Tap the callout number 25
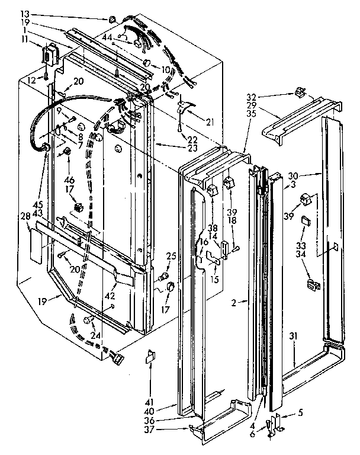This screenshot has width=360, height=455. pyautogui.click(x=171, y=256)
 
